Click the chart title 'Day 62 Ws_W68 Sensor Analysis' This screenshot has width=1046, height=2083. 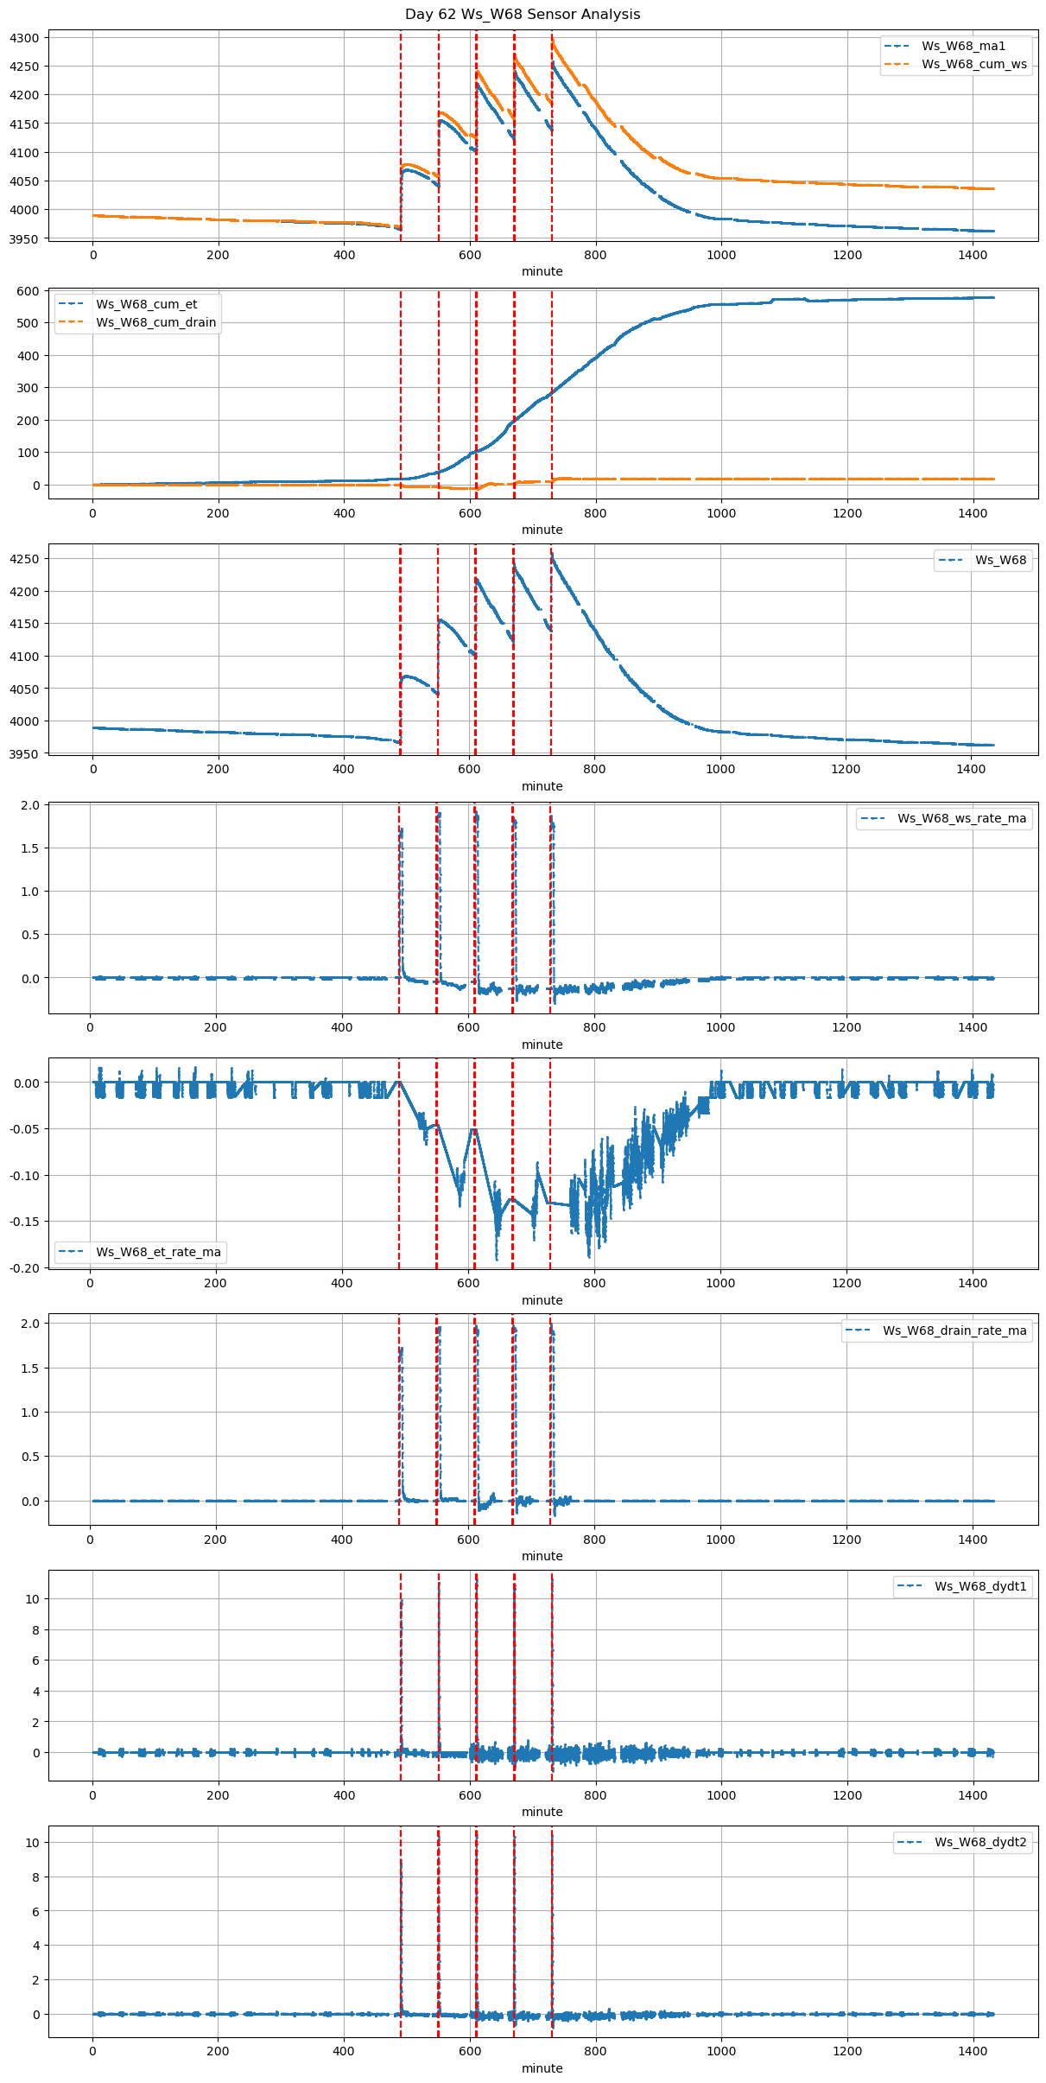(x=523, y=14)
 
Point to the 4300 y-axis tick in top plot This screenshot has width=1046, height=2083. (x=25, y=38)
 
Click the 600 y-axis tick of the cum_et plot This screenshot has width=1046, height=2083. (x=29, y=291)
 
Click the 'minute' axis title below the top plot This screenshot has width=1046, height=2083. (x=542, y=271)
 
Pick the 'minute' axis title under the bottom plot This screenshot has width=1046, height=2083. (x=542, y=2068)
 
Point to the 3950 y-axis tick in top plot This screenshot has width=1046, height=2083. (x=25, y=238)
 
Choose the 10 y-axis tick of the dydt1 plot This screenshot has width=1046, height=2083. (x=32, y=1599)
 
